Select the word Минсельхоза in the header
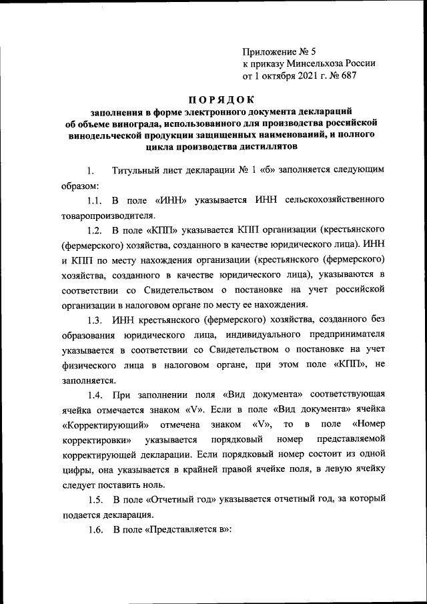(x=312, y=63)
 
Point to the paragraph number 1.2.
(x=95, y=231)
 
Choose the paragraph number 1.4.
(x=95, y=394)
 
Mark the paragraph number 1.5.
(x=95, y=500)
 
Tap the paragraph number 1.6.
(x=95, y=530)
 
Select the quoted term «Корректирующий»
(x=100, y=424)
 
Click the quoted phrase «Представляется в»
(x=189, y=530)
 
